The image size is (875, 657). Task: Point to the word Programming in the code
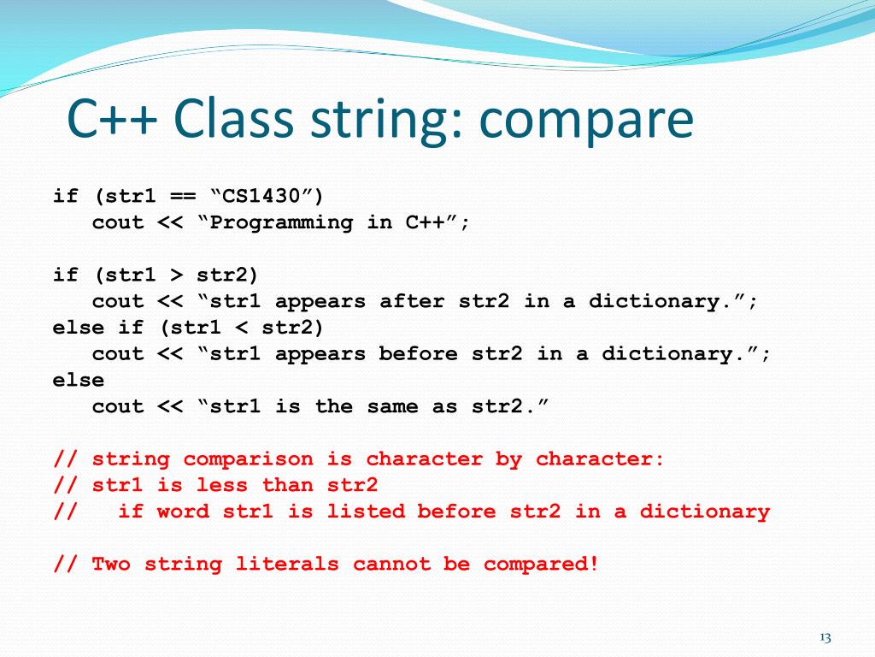point(281,222)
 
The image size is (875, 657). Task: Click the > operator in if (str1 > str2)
point(176,275)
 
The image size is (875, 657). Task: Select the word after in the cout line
point(412,301)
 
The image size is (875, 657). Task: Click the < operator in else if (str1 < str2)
point(241,328)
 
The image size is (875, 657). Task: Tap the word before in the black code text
point(419,353)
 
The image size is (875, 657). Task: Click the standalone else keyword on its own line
point(79,380)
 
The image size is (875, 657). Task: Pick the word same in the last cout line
point(392,406)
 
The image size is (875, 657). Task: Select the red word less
point(222,485)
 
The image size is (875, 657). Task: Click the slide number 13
point(825,637)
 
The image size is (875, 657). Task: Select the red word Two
point(111,564)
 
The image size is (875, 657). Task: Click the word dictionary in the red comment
point(704,512)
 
